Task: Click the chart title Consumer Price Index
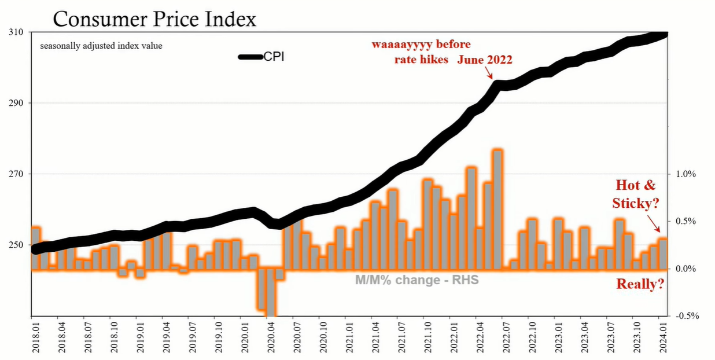click(x=154, y=19)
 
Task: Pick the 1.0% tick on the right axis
click(x=685, y=174)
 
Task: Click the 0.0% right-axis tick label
click(x=685, y=269)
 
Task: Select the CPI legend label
click(x=274, y=56)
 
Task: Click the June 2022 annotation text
click(x=485, y=60)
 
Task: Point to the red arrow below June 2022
click(x=489, y=73)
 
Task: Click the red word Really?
click(x=640, y=284)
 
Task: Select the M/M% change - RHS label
click(x=417, y=280)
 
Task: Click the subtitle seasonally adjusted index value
click(x=101, y=46)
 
